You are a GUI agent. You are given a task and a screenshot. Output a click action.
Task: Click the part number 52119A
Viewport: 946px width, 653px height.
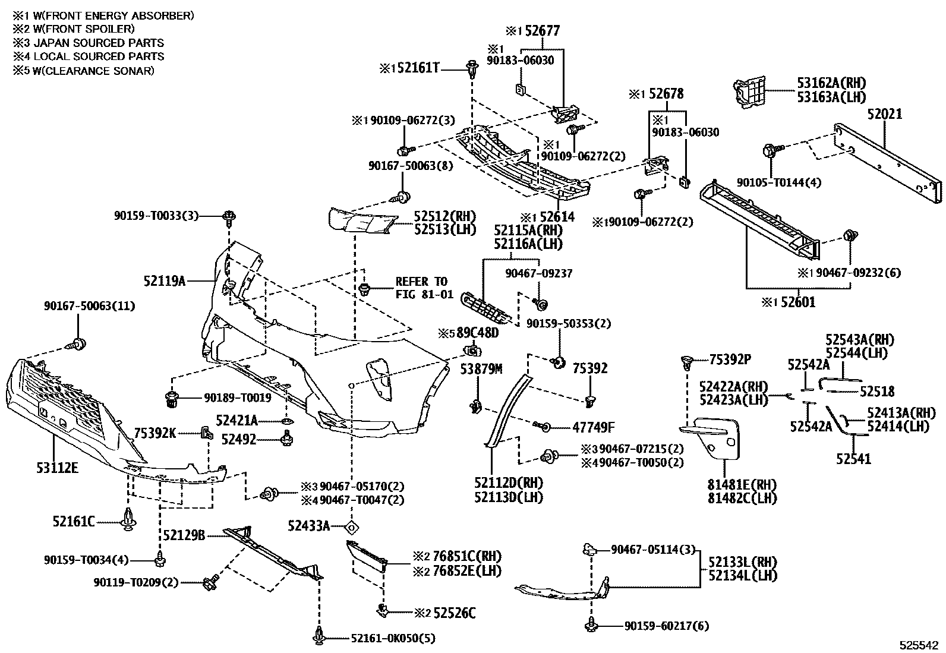165,280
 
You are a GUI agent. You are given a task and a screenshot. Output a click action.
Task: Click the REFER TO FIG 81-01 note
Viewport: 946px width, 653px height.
424,288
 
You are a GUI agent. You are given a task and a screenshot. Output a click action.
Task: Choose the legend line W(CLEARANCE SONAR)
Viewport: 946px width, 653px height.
84,71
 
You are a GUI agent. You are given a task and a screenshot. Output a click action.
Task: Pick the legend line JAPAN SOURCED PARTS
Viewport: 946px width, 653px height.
89,43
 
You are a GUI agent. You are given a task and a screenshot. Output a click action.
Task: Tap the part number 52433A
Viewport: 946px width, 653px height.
308,526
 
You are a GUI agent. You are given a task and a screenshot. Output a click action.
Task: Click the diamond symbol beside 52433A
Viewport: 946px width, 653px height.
352,526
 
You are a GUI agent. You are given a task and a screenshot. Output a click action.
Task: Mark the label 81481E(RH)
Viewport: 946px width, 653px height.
742,484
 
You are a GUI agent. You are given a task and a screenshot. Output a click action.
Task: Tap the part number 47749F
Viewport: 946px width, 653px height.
593,427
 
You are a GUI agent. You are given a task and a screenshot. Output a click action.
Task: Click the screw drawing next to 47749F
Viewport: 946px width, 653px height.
542,426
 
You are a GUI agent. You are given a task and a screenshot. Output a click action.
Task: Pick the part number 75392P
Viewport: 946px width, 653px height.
730,359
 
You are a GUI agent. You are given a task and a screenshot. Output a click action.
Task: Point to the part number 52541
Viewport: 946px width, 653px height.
853,458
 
